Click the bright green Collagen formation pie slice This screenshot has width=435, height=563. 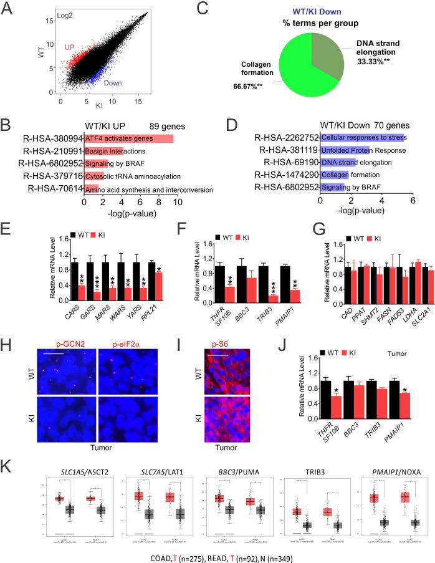point(312,69)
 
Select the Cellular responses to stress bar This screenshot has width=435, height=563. point(362,137)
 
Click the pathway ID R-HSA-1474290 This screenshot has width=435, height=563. point(288,176)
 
